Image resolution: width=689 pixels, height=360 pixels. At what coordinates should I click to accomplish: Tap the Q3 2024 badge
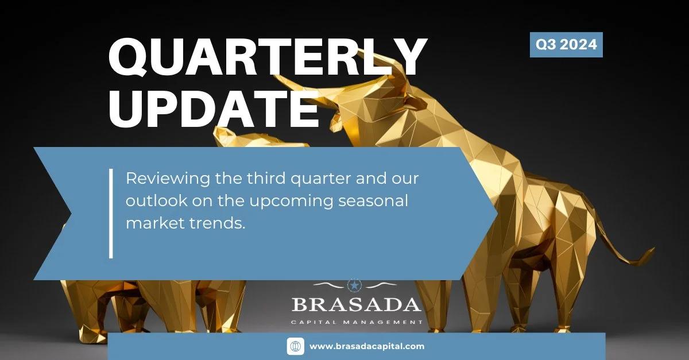tap(566, 45)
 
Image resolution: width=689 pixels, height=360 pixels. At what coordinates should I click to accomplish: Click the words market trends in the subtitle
tap(185, 223)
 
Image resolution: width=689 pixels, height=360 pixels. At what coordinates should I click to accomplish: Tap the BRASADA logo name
tap(357, 304)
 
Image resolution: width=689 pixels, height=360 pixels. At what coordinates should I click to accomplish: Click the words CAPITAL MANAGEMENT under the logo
tap(357, 322)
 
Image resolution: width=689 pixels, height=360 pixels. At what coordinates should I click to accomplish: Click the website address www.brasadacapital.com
tap(367, 346)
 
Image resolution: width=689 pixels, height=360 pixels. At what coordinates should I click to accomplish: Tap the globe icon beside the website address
tap(295, 346)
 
